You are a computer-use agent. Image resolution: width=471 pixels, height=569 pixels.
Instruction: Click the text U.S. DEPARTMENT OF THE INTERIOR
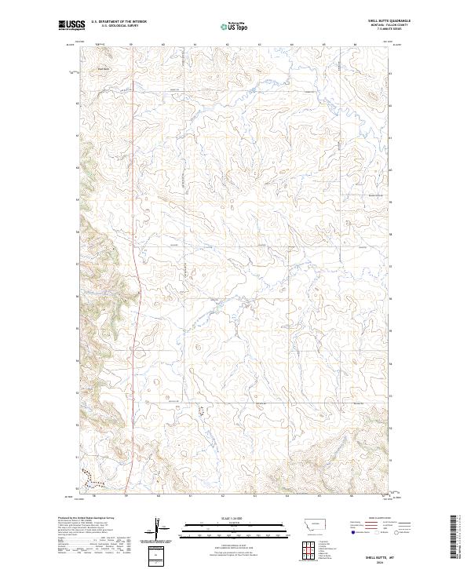[118, 21]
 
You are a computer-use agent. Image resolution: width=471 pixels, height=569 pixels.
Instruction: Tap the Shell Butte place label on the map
[104, 68]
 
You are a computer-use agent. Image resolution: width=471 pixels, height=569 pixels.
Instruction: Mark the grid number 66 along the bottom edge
[352, 496]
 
